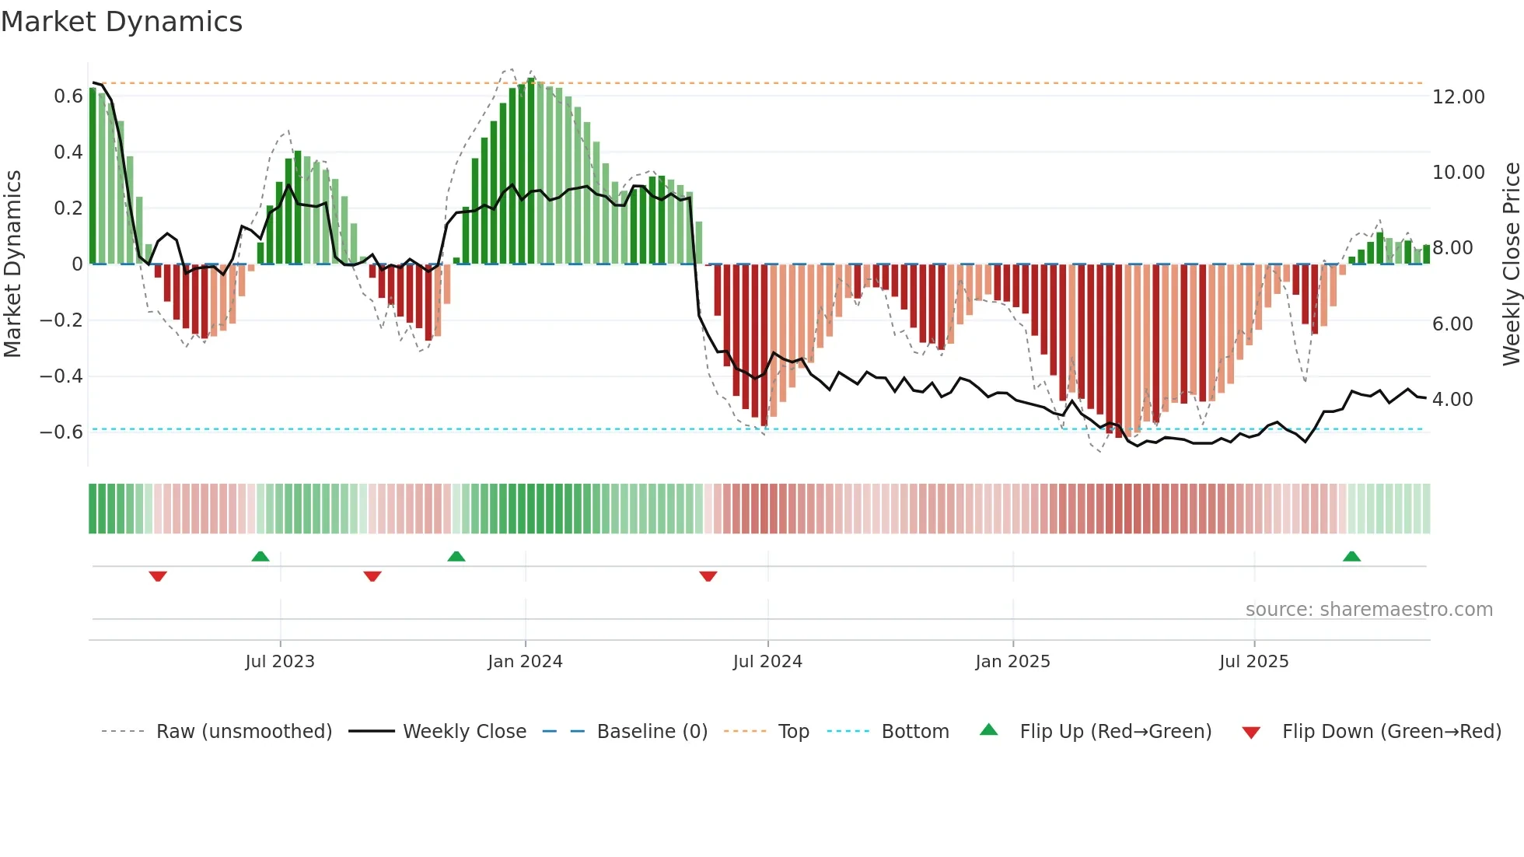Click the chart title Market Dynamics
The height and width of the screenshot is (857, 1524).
[x=122, y=22]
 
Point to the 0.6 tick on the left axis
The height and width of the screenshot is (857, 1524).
[x=68, y=96]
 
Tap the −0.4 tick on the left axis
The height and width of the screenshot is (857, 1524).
[x=61, y=376]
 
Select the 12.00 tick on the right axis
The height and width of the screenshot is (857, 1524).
[x=1458, y=97]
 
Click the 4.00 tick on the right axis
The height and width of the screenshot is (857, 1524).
[x=1452, y=400]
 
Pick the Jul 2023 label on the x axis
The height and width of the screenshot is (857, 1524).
[x=280, y=662]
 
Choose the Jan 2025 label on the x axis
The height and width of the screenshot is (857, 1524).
[x=1012, y=662]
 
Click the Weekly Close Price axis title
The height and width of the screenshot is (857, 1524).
[x=1511, y=264]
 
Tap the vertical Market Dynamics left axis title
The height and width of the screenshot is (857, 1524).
[x=12, y=264]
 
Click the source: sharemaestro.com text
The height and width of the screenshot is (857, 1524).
[x=1368, y=610]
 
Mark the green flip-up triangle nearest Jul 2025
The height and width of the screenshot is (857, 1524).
[x=1351, y=557]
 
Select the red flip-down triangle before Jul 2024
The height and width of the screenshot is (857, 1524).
[x=708, y=576]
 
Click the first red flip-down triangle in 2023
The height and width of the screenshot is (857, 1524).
[x=158, y=576]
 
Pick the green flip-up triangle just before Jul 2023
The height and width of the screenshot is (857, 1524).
[x=260, y=557]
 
